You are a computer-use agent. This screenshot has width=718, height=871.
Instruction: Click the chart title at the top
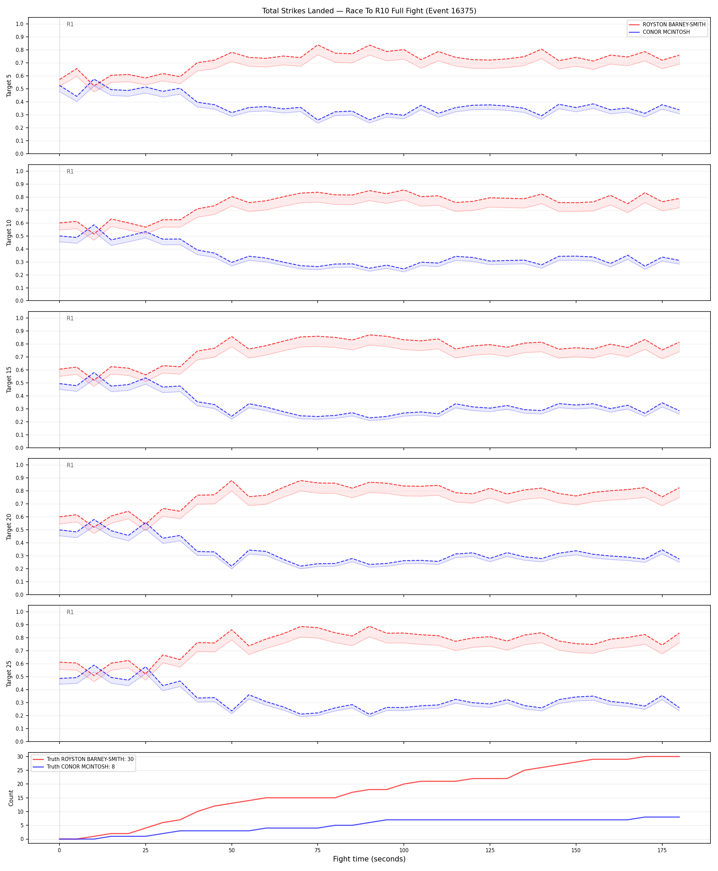pos(369,11)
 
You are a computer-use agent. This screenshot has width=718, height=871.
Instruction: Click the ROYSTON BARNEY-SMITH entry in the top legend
pos(674,24)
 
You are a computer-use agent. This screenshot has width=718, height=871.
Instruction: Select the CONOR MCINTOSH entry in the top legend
pos(666,32)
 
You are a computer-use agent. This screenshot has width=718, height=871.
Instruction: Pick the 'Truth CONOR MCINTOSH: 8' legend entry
pos(81,766)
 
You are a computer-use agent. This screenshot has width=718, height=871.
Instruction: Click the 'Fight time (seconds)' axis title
pos(369,859)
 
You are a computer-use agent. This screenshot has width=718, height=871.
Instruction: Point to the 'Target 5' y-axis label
pos(9,85)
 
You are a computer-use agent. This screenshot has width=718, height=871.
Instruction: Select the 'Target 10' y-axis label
pos(9,233)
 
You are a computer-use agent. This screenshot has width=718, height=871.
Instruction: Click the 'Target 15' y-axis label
pos(9,379)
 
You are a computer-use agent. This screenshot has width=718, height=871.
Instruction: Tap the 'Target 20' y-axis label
pos(9,526)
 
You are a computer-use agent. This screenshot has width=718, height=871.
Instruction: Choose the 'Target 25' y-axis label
pos(9,673)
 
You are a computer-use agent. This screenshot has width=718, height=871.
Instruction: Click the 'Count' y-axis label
pos(11,798)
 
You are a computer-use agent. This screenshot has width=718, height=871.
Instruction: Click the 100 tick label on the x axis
pos(404,851)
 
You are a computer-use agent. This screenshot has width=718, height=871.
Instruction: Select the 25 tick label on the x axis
pos(145,851)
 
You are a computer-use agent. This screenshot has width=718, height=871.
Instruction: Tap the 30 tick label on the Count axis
pos(20,757)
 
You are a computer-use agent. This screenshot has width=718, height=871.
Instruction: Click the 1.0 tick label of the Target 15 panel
pos(19,318)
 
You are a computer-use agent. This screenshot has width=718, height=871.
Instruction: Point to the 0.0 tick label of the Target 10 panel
pos(19,301)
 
